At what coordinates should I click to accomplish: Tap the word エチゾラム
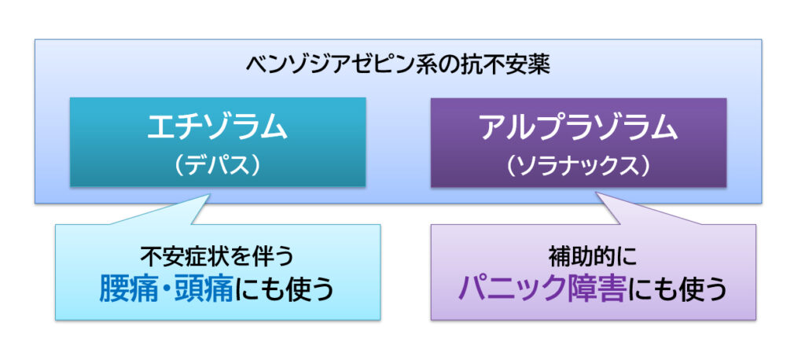click(x=217, y=127)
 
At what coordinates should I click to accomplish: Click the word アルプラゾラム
click(x=578, y=127)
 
